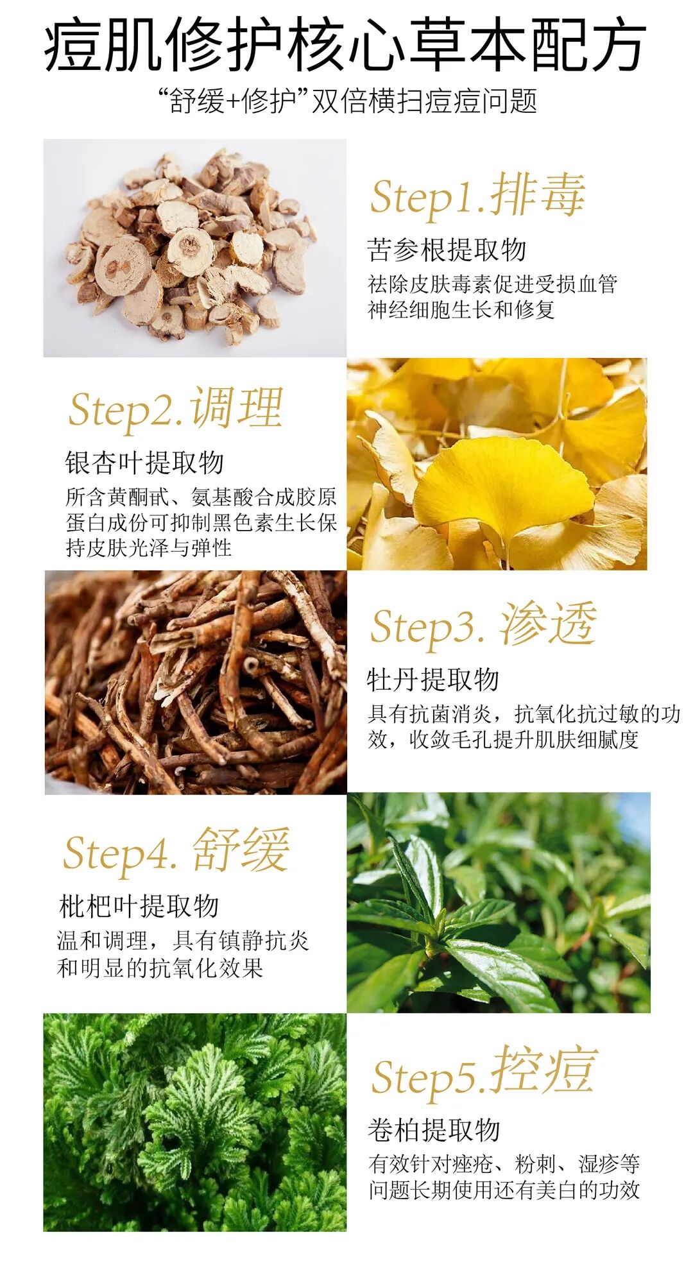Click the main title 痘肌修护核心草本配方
345,45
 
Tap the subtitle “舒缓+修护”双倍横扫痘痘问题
347,101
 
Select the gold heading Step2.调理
176,408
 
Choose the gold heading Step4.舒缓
176,851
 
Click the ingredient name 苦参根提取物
447,250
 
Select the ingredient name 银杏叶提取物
144,463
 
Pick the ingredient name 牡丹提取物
433,680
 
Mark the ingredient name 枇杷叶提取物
139,906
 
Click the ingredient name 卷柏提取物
434,1130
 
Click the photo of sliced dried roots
195,248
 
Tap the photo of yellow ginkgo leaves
497,464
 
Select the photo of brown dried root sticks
196,683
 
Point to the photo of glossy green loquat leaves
499,903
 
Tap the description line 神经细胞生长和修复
461,310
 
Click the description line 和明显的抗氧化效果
160,968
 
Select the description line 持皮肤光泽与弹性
149,548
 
